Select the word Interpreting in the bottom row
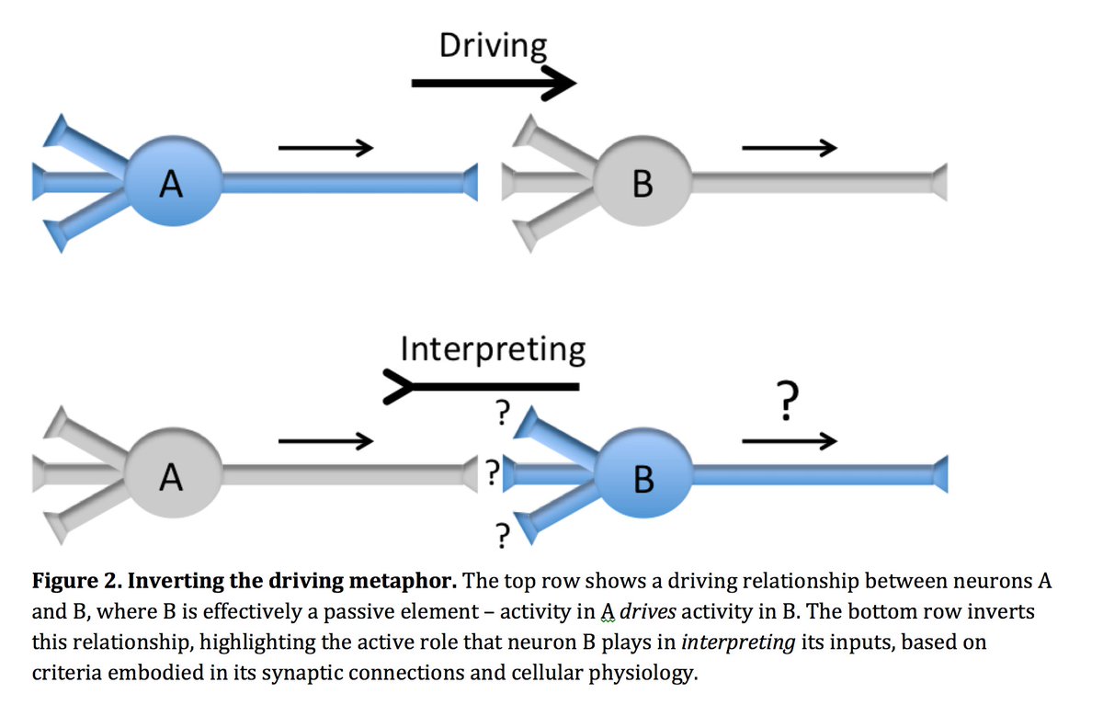pos(493,349)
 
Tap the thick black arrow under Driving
pos(493,85)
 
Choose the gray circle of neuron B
pos(642,183)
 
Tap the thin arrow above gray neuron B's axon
pos(789,146)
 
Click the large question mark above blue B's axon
pos(784,403)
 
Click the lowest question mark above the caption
pos(502,534)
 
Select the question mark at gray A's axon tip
pos(493,473)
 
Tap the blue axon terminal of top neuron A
pos(470,182)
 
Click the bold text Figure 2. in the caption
pos(74,583)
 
